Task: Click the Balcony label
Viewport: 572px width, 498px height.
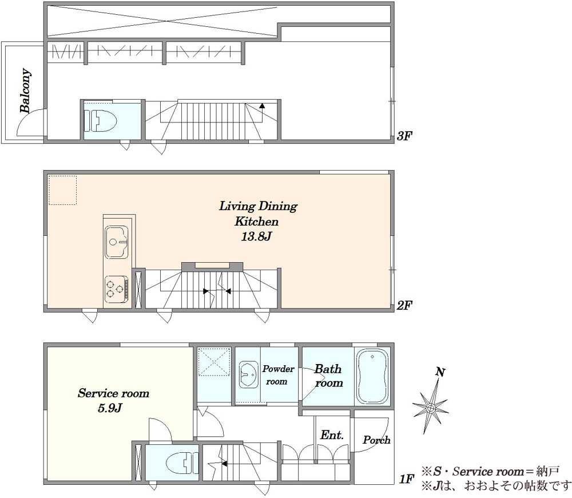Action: tap(25, 90)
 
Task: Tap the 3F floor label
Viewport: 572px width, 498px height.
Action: tap(404, 137)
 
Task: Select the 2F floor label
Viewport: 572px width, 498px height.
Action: tap(404, 305)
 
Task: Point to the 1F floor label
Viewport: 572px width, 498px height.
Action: tap(406, 479)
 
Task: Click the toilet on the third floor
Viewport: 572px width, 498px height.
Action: tap(100, 120)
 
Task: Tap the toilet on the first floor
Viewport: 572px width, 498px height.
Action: tap(182, 463)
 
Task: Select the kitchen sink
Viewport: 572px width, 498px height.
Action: tap(117, 242)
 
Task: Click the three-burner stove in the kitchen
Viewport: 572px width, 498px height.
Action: tap(117, 289)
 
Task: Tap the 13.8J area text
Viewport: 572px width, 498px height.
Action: tap(256, 237)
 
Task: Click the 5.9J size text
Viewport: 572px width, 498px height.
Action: tap(110, 408)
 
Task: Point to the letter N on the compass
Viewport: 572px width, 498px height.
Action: tap(440, 373)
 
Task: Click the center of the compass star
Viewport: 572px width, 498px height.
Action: tap(431, 408)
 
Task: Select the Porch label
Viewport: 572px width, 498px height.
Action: tap(376, 440)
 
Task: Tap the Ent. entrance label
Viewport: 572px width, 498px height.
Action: tap(332, 435)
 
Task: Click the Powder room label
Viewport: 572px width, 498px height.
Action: tap(278, 375)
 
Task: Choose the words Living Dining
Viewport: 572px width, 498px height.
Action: tap(259, 206)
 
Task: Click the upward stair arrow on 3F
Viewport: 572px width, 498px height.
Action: tap(262, 106)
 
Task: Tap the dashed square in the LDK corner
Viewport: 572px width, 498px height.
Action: tap(63, 190)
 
